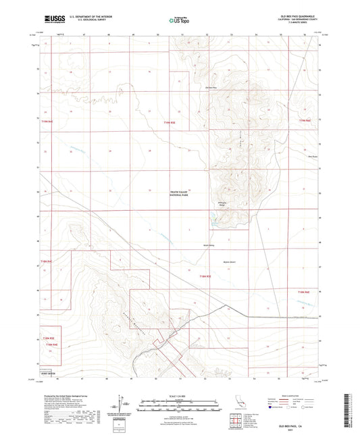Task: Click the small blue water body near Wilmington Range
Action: point(215,220)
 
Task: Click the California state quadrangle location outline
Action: point(238,402)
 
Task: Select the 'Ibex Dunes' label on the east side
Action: point(294,157)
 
